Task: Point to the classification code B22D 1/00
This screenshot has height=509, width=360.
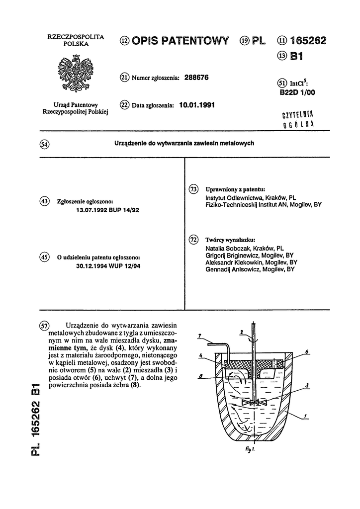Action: pyautogui.click(x=297, y=92)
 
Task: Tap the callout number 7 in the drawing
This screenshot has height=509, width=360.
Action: pyautogui.click(x=199, y=336)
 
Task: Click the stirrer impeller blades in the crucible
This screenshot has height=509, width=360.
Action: pyautogui.click(x=254, y=402)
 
